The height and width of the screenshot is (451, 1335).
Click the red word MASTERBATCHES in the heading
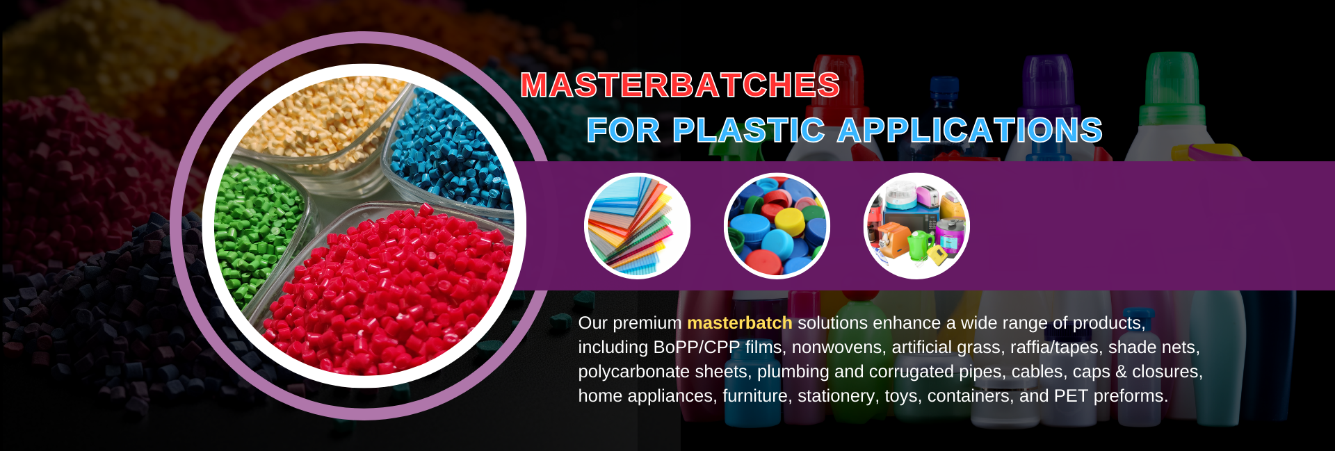[x=680, y=85]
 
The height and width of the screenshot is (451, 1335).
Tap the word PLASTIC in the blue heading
[x=748, y=131]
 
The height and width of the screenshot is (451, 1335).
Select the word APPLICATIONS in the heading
[x=970, y=131]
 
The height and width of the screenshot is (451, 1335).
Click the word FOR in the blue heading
[x=624, y=131]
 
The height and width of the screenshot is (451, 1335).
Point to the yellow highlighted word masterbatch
[x=740, y=323]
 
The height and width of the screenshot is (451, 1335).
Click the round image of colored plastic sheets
[x=638, y=226]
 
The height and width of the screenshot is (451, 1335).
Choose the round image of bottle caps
[x=777, y=226]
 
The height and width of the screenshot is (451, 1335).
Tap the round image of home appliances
[x=916, y=226]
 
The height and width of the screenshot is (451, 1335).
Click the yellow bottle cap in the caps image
[x=790, y=221]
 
